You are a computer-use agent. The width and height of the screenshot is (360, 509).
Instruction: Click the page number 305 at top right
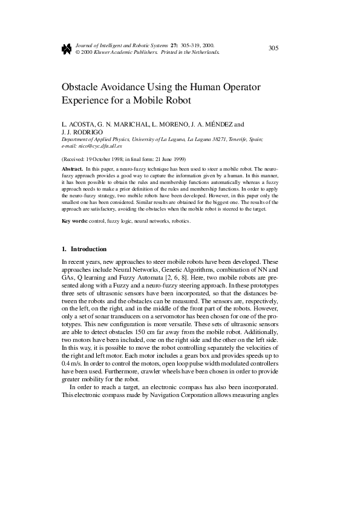point(273,48)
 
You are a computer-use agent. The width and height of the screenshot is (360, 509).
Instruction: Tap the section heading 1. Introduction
point(84,249)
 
